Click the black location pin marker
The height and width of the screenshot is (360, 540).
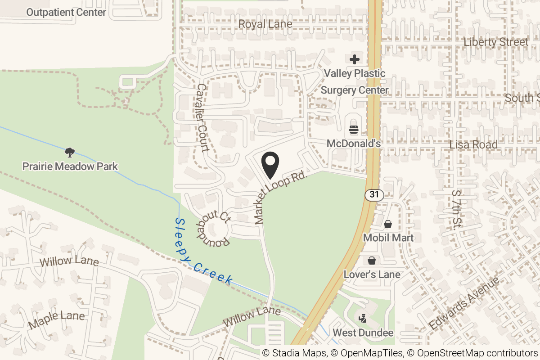[x=270, y=165]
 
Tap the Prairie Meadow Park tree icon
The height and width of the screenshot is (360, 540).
[x=70, y=153]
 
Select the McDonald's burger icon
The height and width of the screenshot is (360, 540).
[x=354, y=130]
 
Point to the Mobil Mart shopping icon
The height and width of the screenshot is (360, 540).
[x=387, y=224]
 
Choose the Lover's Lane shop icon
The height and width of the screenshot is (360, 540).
[x=372, y=260]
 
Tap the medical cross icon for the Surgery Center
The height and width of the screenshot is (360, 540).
[x=355, y=59]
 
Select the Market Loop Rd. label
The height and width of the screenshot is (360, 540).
[x=280, y=197]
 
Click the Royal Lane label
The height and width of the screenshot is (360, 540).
[x=265, y=24]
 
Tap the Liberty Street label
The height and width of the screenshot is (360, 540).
[x=496, y=42]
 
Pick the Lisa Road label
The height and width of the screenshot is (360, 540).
[x=473, y=144]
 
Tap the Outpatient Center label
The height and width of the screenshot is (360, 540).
[x=66, y=12]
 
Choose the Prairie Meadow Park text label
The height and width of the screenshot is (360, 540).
[x=70, y=166]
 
